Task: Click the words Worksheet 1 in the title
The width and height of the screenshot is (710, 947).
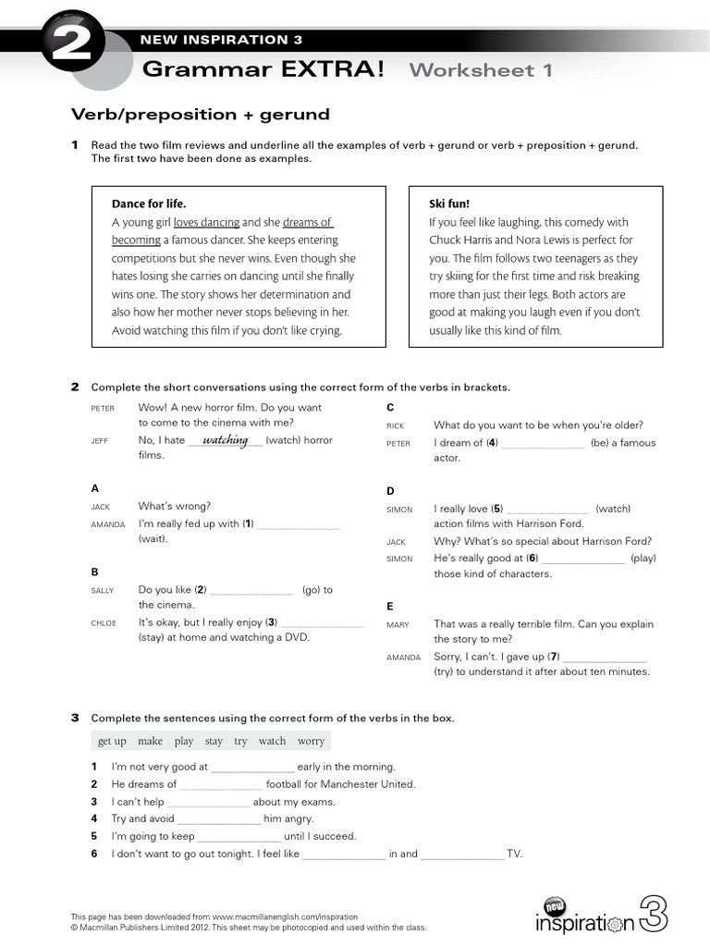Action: pos(481,70)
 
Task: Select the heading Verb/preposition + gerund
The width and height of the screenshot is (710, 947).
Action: pos(201,115)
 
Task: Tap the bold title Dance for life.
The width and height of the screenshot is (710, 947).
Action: pos(149,203)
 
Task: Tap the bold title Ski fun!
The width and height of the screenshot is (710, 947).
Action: pos(450,203)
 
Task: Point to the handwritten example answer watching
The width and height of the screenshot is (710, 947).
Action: pos(226,440)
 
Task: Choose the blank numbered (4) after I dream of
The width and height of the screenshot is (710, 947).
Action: pos(544,443)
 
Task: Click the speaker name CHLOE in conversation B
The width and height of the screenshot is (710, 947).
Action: pos(104,623)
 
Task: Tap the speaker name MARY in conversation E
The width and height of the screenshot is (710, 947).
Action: pos(398,625)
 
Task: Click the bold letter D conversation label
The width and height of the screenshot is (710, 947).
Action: pos(390,491)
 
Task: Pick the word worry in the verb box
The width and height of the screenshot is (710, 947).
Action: pos(311,741)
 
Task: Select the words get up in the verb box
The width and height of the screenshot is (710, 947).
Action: pos(112,741)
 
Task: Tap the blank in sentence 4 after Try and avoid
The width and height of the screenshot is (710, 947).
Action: pos(219,819)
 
